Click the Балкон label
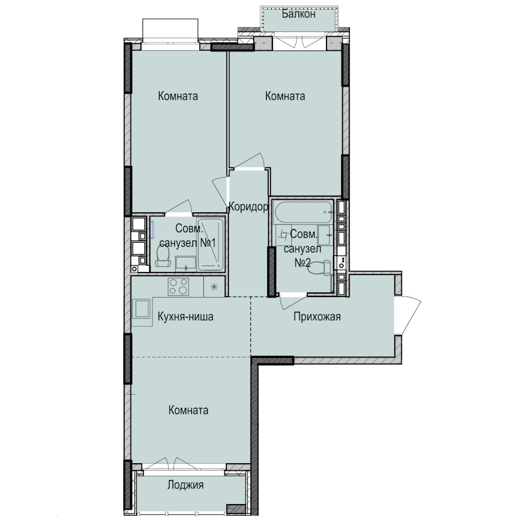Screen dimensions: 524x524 click(x=299, y=14)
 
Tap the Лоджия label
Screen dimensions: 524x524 click(x=185, y=485)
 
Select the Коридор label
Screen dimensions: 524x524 click(x=248, y=207)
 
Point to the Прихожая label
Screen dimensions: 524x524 click(x=317, y=316)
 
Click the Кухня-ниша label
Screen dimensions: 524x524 click(x=185, y=316)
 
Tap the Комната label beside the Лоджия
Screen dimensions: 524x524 click(x=189, y=410)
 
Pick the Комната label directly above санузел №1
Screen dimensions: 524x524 click(x=178, y=96)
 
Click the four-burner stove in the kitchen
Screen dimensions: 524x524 click(x=178, y=287)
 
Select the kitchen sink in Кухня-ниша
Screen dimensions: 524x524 click(x=142, y=309)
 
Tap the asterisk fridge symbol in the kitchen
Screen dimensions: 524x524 click(x=214, y=287)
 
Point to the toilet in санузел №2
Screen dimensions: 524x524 click(x=319, y=268)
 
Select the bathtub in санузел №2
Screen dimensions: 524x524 click(x=302, y=212)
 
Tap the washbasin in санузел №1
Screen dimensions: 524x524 click(x=186, y=263)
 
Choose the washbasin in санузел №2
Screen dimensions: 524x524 click(x=324, y=235)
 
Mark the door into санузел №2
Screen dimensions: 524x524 click(x=293, y=300)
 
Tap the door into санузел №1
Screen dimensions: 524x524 click(x=179, y=208)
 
